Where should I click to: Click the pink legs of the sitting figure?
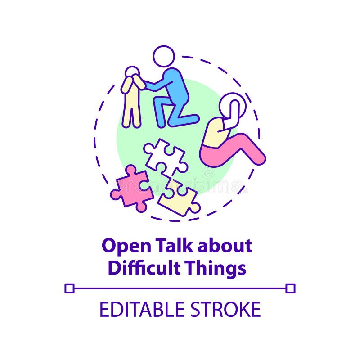coord(234,148)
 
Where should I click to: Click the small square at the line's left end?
coord(69,288)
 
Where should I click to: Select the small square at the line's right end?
coord(291,288)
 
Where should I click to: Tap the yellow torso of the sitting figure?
coord(216,133)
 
